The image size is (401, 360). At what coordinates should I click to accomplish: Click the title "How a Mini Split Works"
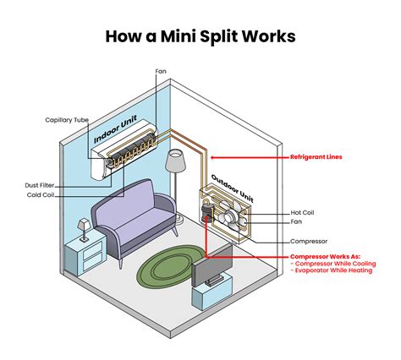point(200,36)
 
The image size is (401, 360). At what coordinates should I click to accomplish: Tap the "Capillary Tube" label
point(67,120)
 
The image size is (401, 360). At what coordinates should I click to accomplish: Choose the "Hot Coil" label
point(307,211)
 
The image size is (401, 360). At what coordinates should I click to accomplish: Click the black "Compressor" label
point(309,241)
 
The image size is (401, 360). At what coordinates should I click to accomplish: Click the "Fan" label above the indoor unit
point(161,71)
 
